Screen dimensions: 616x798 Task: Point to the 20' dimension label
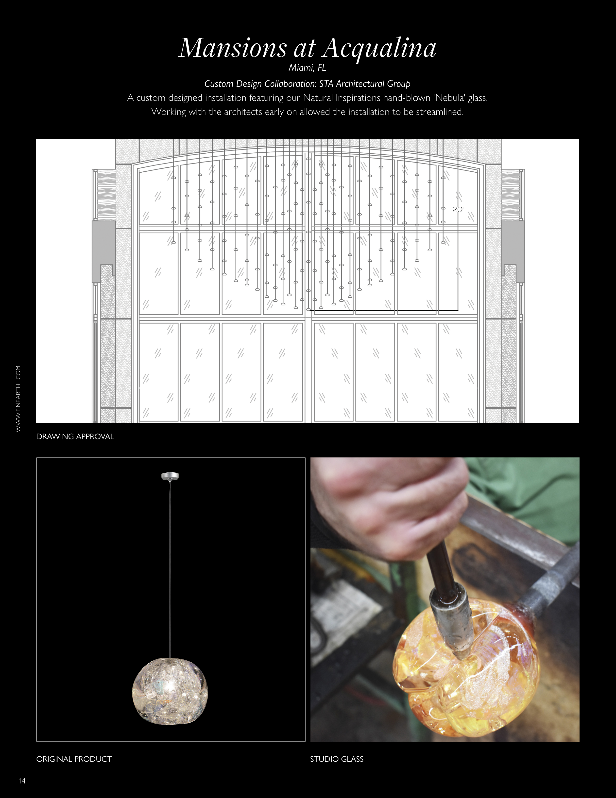pos(458,210)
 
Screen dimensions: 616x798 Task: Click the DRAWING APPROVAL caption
pos(75,437)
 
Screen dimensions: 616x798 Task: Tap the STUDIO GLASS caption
pos(337,759)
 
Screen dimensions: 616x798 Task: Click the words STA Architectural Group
pos(365,84)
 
